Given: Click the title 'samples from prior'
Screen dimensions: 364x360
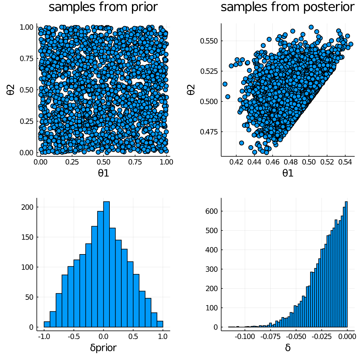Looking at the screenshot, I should (103, 7).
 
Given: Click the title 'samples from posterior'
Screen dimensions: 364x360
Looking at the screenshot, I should (287, 7).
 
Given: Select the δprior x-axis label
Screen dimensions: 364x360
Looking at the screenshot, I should (103, 348).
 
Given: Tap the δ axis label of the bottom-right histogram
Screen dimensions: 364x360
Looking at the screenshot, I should (288, 348).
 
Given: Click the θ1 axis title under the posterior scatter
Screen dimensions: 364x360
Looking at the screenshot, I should (288, 173).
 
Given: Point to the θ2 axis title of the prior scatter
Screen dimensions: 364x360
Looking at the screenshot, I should (11, 90).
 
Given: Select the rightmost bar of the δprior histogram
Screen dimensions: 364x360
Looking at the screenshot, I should (160, 324).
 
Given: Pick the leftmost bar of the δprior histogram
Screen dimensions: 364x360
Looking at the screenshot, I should (47, 324).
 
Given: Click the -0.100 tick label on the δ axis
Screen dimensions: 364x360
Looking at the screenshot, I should (245, 337).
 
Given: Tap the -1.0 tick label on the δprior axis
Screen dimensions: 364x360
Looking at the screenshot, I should (44, 337).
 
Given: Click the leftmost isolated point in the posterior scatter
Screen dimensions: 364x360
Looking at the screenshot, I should (225, 84).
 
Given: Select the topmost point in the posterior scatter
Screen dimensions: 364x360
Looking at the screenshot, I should (311, 27).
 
